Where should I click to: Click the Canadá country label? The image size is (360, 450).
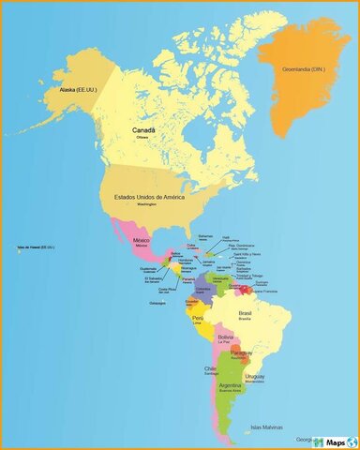pyautogui.click(x=143, y=131)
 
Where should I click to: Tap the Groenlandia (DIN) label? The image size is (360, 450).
pyautogui.click(x=307, y=67)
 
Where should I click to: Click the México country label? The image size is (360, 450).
pyautogui.click(x=142, y=240)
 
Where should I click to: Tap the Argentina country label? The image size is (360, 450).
pyautogui.click(x=231, y=385)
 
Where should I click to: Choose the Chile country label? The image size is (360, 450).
pyautogui.click(x=211, y=368)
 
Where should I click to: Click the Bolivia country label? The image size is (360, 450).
pyautogui.click(x=226, y=337)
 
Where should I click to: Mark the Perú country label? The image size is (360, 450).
pyautogui.click(x=198, y=318)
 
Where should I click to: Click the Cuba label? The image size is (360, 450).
pyautogui.click(x=191, y=245)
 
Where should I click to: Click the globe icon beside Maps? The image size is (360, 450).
pyautogui.click(x=352, y=441)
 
